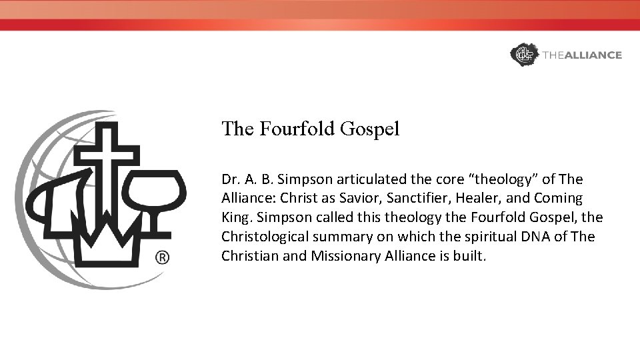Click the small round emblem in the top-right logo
point(523,55)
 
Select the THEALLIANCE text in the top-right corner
point(582,55)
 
